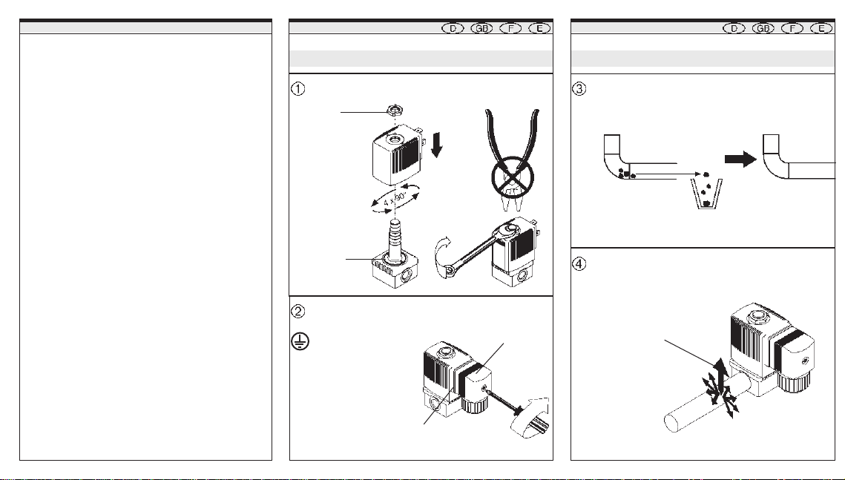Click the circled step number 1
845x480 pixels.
click(x=297, y=88)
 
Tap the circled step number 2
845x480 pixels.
click(x=297, y=311)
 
